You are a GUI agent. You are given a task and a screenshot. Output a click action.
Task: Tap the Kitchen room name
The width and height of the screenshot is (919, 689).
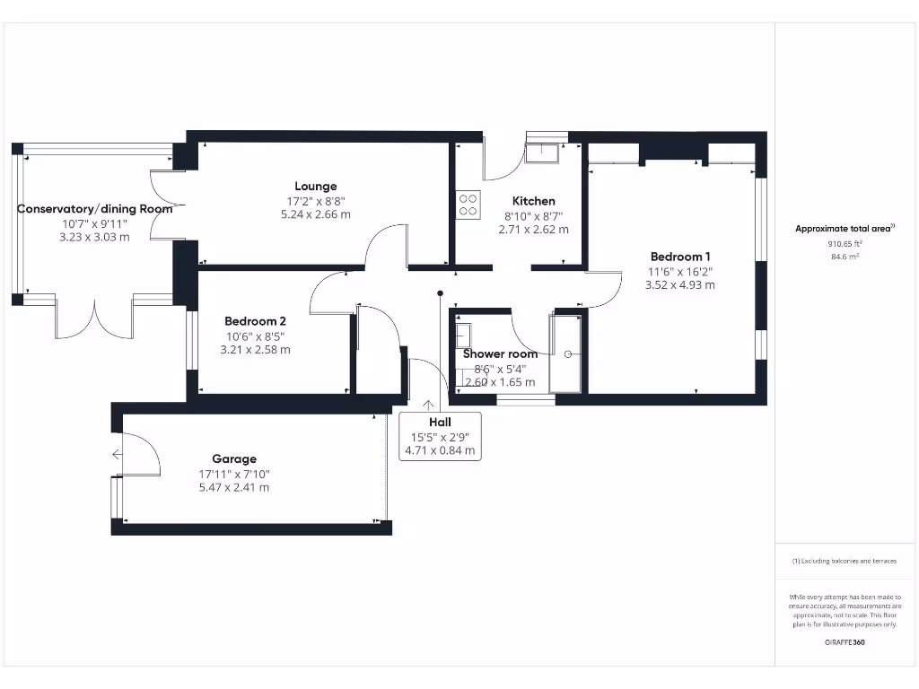(x=533, y=201)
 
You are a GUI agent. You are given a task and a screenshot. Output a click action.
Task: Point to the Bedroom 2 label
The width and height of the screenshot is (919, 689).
(x=255, y=321)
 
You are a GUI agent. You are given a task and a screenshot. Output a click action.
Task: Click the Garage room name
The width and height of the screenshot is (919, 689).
(x=234, y=458)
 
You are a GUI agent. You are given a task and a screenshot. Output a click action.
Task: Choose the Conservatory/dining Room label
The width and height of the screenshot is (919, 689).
(x=94, y=209)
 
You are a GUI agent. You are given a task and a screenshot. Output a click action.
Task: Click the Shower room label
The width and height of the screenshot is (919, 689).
(x=500, y=353)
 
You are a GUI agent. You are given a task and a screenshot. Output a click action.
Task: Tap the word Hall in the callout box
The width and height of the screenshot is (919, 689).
(x=440, y=422)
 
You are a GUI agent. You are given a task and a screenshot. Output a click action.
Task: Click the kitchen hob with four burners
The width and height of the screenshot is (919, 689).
(x=468, y=205)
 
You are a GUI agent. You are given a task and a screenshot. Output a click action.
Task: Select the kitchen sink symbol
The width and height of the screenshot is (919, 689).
(x=542, y=153)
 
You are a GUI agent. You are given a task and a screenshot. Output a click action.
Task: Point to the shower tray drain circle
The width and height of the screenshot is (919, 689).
(x=568, y=353)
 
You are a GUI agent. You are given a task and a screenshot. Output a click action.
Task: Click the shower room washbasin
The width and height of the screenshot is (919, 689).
(x=464, y=336)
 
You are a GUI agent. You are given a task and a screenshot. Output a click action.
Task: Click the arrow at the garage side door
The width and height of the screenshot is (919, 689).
(x=117, y=455)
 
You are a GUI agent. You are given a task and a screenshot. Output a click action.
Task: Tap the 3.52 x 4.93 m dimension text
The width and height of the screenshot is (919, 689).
(x=679, y=285)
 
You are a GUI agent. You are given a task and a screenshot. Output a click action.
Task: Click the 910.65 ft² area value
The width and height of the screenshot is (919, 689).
(x=844, y=243)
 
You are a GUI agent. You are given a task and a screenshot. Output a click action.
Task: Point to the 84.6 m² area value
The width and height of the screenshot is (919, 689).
(x=844, y=257)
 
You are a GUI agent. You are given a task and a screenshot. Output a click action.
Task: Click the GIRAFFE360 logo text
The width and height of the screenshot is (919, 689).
(x=844, y=642)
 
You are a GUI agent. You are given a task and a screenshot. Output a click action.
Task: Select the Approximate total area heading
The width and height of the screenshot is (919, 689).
(x=843, y=229)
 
